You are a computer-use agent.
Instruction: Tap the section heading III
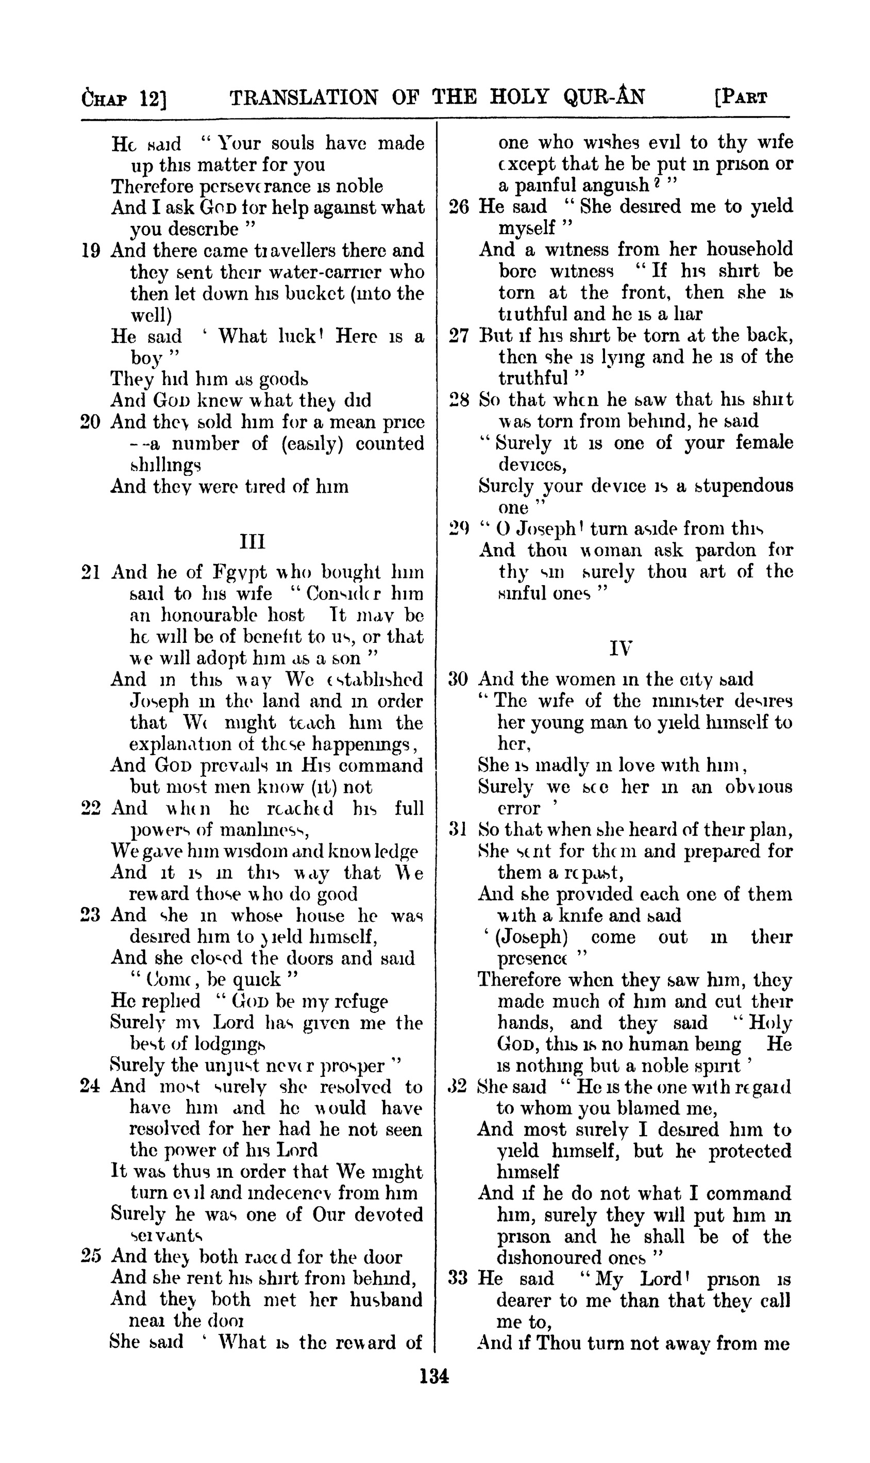pyautogui.click(x=253, y=541)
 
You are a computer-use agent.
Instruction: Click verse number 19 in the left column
pyautogui.click(x=90, y=251)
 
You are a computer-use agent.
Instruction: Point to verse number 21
pyautogui.click(x=90, y=572)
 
